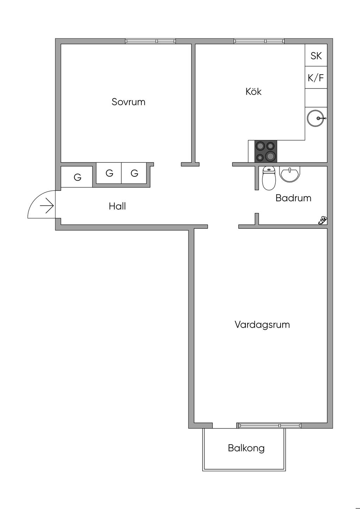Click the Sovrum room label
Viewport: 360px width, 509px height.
tap(128, 102)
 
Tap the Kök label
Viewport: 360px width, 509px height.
tap(253, 92)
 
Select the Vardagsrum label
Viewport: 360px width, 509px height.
tap(262, 324)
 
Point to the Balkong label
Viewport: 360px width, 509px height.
tap(246, 448)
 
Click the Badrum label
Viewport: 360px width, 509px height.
tap(293, 198)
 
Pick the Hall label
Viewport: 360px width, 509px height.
tap(117, 206)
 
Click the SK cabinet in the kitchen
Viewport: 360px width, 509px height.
tap(316, 56)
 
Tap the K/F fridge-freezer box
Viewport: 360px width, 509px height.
tap(316, 78)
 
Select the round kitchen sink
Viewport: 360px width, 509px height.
tap(315, 118)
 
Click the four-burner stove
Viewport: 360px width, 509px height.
tap(265, 151)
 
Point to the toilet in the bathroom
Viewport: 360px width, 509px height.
tap(269, 178)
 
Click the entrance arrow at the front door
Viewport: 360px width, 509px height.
tap(47, 206)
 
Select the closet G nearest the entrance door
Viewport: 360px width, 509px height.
tap(77, 177)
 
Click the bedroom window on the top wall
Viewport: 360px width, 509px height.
tap(150, 41)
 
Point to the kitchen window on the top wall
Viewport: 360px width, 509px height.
tap(259, 41)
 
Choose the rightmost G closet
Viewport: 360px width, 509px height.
tap(134, 173)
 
